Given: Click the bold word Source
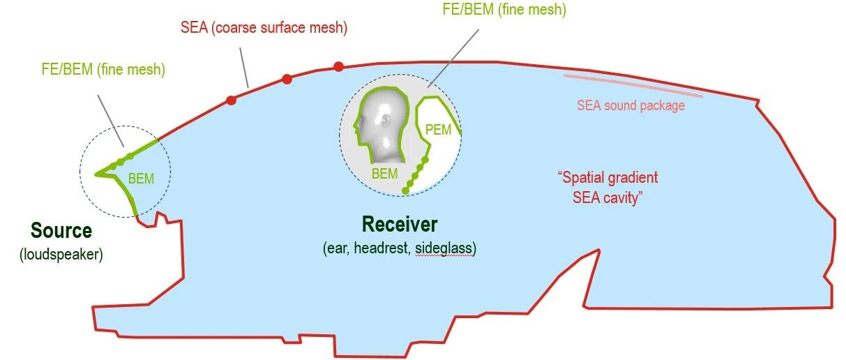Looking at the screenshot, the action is (x=61, y=230).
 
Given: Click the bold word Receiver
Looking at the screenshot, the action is (x=400, y=225).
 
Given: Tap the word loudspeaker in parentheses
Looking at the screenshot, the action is (x=61, y=255).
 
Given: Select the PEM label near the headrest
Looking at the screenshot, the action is (x=438, y=130).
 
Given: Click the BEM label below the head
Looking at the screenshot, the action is (x=384, y=174).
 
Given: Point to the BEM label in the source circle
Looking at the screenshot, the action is (x=141, y=179).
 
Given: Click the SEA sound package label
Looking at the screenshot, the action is (x=630, y=105).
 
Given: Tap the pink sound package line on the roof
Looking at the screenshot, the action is (x=633, y=86).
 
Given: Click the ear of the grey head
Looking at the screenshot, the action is (x=386, y=121).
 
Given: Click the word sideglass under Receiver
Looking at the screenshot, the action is (x=444, y=248).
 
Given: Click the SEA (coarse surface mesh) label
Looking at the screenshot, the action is (x=264, y=28).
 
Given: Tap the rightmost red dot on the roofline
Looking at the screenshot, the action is (x=338, y=67).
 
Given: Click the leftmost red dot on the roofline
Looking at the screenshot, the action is (x=231, y=100).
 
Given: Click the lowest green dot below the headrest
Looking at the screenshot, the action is (x=405, y=190).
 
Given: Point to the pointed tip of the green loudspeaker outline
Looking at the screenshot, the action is (x=95, y=174).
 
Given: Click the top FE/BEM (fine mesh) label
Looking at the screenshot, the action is (x=504, y=10).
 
